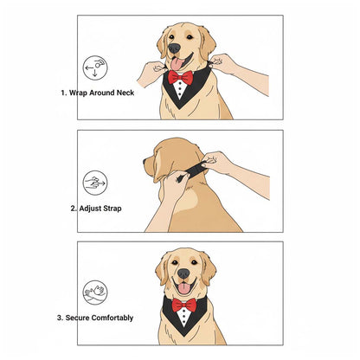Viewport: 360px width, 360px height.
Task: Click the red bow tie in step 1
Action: [x=182, y=78]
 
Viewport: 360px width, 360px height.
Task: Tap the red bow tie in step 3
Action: [x=183, y=305]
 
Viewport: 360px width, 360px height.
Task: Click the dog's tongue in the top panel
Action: [x=179, y=63]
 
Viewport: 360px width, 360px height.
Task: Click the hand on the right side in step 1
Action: [x=224, y=63]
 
